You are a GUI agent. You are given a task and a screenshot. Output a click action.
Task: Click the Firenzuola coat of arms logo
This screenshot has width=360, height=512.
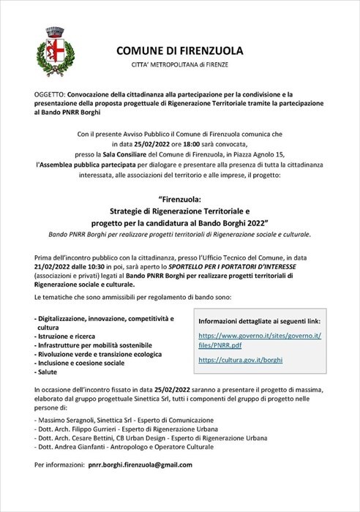pos(53,52)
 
